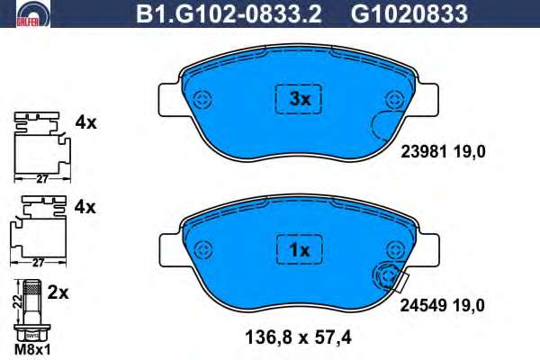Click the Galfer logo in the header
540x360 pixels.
point(33,13)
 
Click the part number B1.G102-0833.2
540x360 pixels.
point(229,13)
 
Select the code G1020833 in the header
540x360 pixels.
point(409,13)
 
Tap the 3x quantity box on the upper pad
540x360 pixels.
point(298,99)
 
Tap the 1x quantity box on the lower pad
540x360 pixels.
point(300,250)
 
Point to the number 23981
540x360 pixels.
point(424,151)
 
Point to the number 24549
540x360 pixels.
point(423,305)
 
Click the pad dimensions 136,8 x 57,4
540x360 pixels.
point(298,337)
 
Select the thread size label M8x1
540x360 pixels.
point(32,350)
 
